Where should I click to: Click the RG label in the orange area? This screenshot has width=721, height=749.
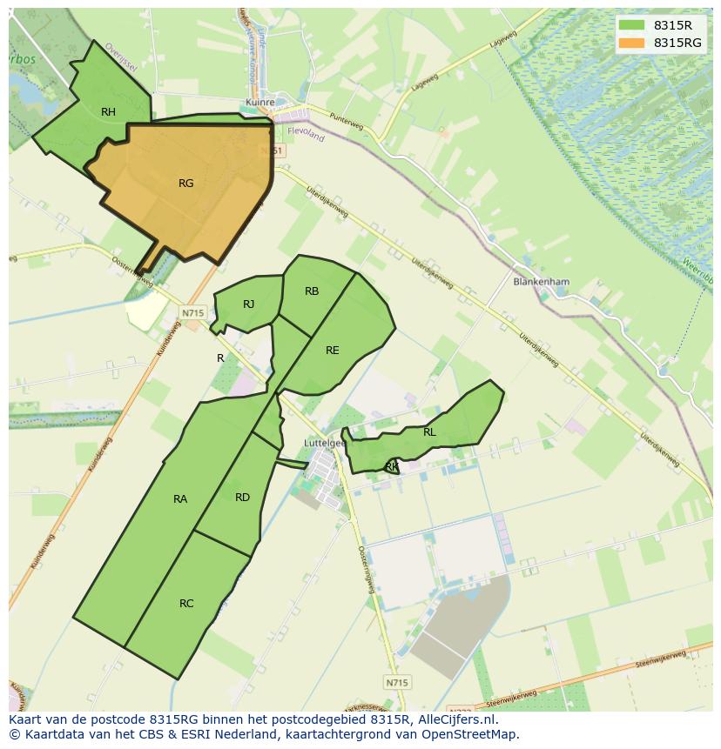point(185,184)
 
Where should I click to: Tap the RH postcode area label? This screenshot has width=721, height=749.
point(108,112)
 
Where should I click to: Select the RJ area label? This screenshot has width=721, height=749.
point(248,304)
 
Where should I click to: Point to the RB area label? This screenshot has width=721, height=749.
point(312,292)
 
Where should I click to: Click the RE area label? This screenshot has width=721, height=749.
point(332,351)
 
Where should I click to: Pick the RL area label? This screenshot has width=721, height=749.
point(429,432)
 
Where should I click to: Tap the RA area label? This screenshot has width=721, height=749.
point(180,499)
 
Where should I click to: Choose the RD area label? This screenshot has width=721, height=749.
point(242,498)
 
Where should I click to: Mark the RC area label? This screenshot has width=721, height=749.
point(186,604)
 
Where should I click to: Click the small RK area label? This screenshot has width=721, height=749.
point(392,467)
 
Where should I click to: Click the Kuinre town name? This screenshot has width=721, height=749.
point(260,102)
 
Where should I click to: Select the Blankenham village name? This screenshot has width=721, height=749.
point(541,282)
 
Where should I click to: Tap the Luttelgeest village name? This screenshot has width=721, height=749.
point(325,443)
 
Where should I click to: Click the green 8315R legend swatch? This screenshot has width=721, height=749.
point(632,25)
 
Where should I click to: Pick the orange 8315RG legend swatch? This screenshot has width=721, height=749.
point(632,43)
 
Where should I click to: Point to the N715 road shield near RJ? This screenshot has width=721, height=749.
point(192,313)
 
